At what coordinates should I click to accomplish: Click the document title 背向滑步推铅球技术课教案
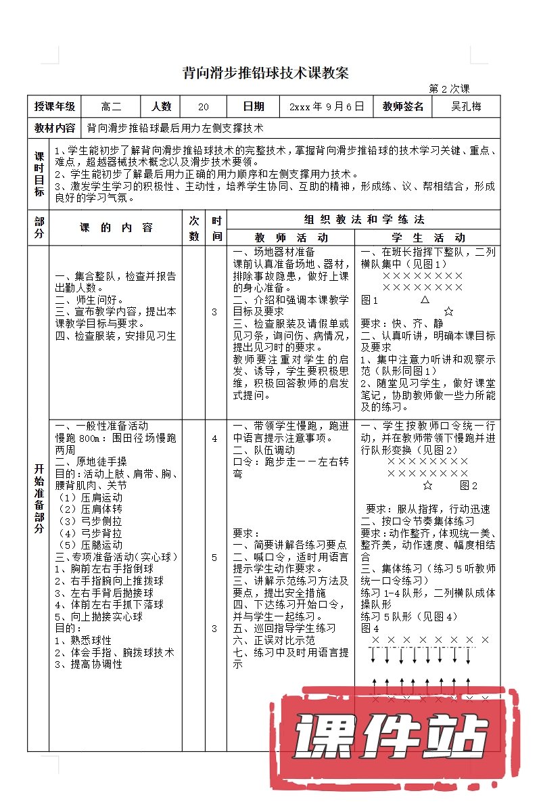(x=266, y=74)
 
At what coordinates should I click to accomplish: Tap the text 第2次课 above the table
(x=449, y=89)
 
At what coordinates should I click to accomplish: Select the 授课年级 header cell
(x=55, y=106)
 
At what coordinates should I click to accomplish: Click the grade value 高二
(x=111, y=106)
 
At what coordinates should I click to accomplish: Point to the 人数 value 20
(x=204, y=107)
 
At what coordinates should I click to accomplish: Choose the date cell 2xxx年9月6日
(x=327, y=106)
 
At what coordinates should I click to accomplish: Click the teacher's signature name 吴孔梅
(x=467, y=106)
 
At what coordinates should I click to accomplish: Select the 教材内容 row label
(x=55, y=127)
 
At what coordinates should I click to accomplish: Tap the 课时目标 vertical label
(x=39, y=174)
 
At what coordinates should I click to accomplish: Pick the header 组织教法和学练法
(x=364, y=219)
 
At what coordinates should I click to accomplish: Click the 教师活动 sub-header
(x=291, y=238)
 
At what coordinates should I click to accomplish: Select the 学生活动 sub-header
(x=428, y=238)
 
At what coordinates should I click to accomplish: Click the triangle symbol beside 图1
(x=425, y=299)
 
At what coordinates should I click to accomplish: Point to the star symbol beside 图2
(x=427, y=485)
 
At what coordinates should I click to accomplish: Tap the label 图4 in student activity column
(x=369, y=627)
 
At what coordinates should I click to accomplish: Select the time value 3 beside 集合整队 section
(x=214, y=312)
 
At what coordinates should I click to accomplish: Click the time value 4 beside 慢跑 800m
(x=214, y=438)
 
